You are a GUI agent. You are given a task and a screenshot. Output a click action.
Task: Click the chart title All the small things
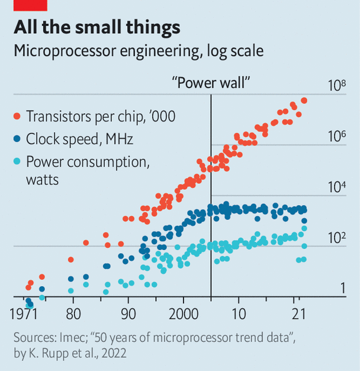97,28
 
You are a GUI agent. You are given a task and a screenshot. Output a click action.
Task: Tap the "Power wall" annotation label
210,82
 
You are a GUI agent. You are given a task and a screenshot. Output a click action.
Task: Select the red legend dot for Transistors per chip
17,116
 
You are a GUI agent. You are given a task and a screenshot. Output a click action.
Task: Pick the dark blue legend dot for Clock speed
17,139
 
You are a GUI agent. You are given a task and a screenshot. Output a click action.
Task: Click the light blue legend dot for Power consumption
17,162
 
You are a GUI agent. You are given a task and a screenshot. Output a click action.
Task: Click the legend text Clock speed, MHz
80,139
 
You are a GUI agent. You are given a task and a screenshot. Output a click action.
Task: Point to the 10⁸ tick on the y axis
336,85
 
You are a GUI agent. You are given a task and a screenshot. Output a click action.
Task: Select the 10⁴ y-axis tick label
336,187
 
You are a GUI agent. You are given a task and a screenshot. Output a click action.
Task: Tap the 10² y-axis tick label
336,238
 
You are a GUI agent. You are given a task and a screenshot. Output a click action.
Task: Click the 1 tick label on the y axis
342,288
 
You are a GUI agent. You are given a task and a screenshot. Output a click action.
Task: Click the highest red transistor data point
304,100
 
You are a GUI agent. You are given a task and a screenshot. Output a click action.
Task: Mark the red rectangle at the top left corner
30,4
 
